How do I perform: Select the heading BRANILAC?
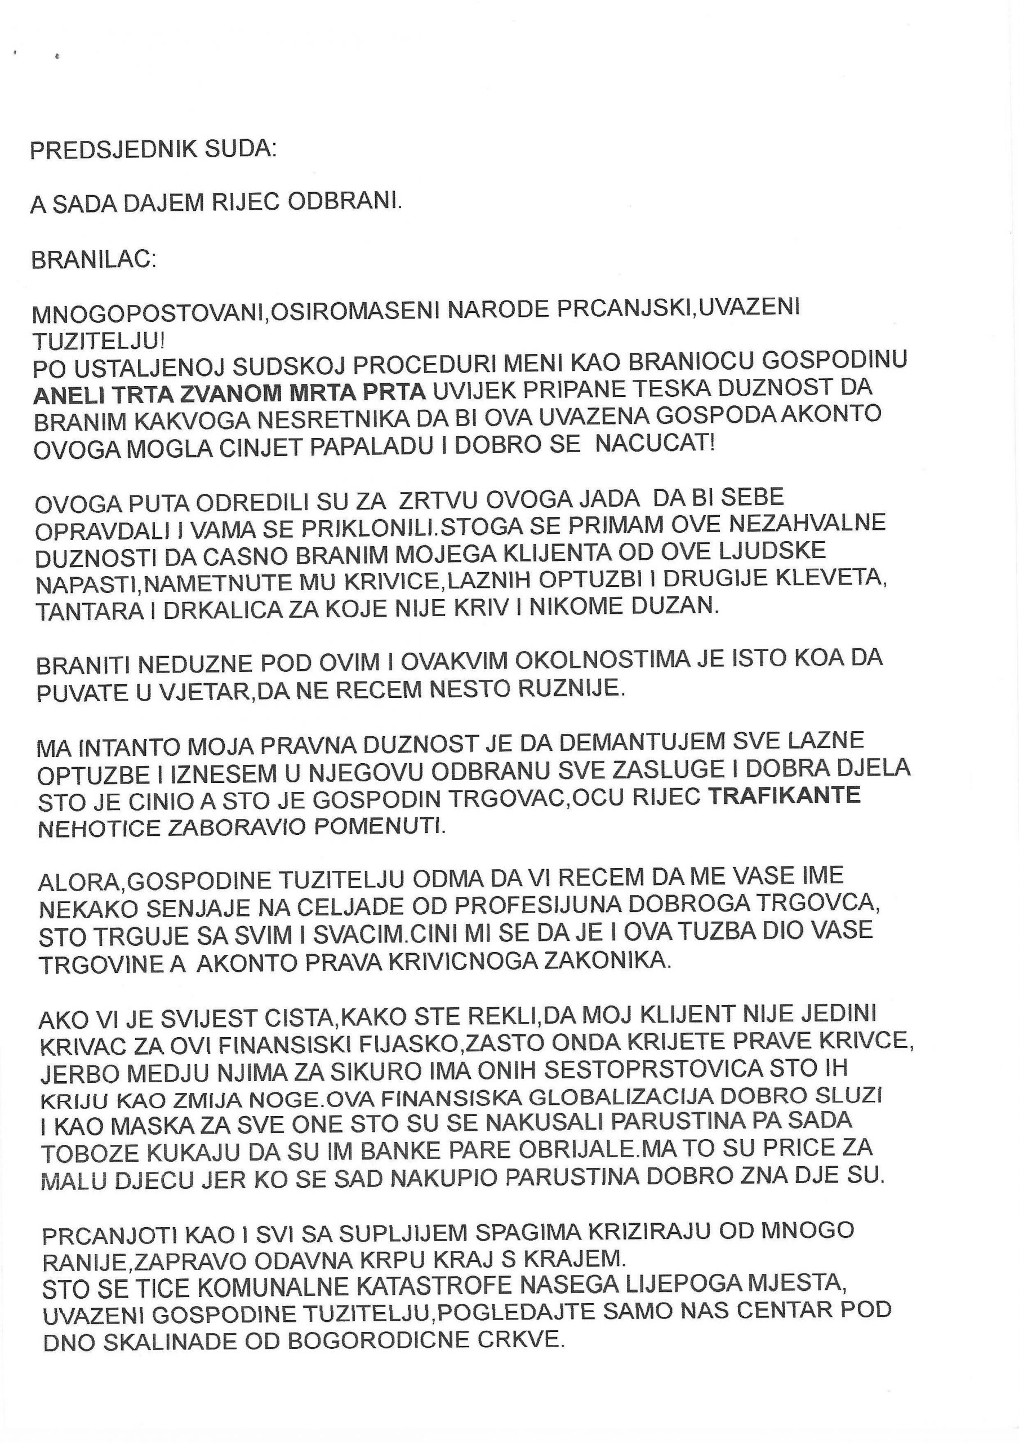[x=94, y=260]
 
